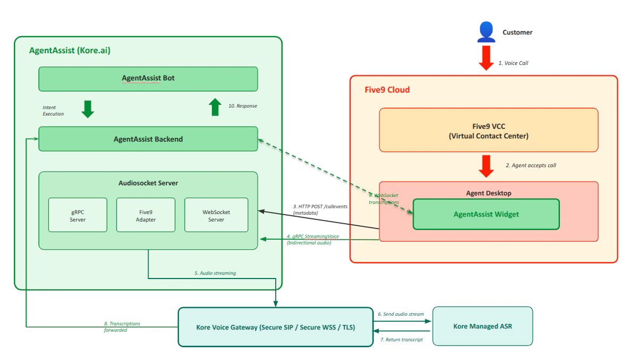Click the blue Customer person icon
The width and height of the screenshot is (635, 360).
pos(486,32)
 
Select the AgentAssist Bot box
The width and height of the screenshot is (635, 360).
pos(148,79)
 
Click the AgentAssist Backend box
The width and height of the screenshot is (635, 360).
pos(148,139)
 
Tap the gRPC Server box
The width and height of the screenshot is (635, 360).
pos(78,215)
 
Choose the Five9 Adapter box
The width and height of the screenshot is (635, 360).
pos(146,215)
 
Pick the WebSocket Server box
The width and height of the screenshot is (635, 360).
pos(216,215)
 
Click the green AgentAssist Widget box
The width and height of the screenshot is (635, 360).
pos(486,214)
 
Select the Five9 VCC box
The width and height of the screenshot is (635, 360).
pos(488,130)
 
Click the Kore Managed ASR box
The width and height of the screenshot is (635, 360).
pos(482,326)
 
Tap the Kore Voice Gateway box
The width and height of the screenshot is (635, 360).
pos(275,327)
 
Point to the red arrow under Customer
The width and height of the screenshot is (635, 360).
pos(486,58)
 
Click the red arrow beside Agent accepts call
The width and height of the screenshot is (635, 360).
pos(486,166)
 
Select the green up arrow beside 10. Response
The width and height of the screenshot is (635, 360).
pos(215,107)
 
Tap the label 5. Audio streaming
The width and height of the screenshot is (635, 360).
pos(215,273)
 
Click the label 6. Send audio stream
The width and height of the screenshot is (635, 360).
pos(401,314)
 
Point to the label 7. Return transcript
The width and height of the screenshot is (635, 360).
pos(401,339)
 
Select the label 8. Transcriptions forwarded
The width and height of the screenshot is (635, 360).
pos(122,326)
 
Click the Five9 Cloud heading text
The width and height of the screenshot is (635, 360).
pos(387,90)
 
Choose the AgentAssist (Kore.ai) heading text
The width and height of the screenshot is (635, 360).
pos(70,51)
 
